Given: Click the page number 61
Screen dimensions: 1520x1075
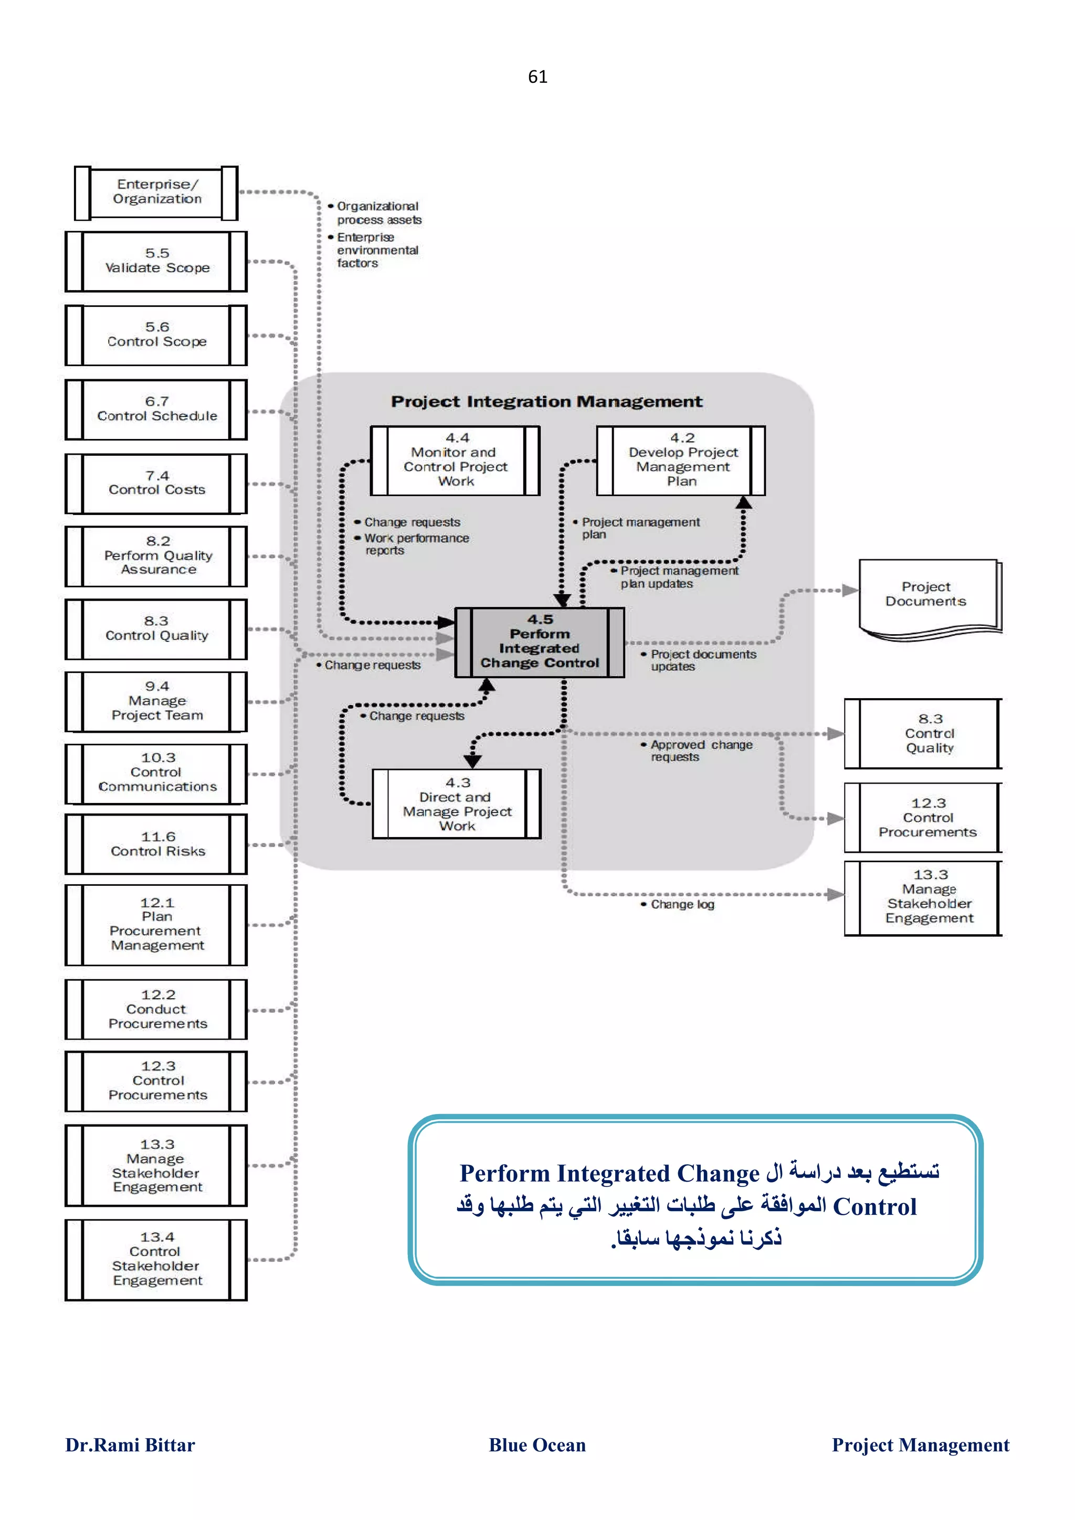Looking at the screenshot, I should click(537, 77).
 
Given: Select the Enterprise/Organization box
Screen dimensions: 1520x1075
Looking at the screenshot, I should click(156, 192).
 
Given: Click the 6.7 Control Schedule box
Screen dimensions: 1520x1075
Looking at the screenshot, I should click(156, 409).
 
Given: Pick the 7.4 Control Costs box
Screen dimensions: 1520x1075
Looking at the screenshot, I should click(156, 483).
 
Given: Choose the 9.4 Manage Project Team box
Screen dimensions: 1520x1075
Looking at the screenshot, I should click(156, 701).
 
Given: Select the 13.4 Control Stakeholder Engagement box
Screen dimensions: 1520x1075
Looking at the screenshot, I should click(156, 1259).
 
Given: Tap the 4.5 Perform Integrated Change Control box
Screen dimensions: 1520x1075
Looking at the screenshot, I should click(539, 641).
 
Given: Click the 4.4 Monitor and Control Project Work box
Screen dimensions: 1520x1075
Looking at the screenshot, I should click(455, 460).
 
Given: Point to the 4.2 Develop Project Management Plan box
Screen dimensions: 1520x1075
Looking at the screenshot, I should click(681, 460).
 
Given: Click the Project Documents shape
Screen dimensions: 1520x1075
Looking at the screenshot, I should click(926, 595).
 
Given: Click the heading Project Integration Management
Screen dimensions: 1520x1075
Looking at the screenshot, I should click(546, 401).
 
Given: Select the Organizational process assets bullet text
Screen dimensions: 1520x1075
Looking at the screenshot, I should click(378, 213).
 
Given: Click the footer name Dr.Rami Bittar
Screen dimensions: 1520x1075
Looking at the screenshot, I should click(130, 1444).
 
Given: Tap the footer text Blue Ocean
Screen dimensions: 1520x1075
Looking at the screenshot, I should click(536, 1444).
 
